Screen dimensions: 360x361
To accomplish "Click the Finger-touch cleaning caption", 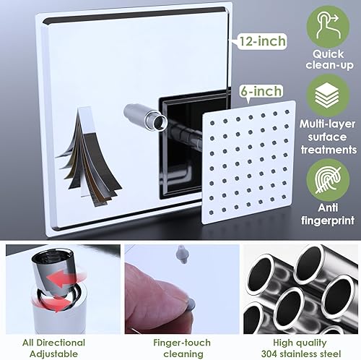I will (177, 348).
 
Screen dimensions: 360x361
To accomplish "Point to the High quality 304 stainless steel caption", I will (301, 348).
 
